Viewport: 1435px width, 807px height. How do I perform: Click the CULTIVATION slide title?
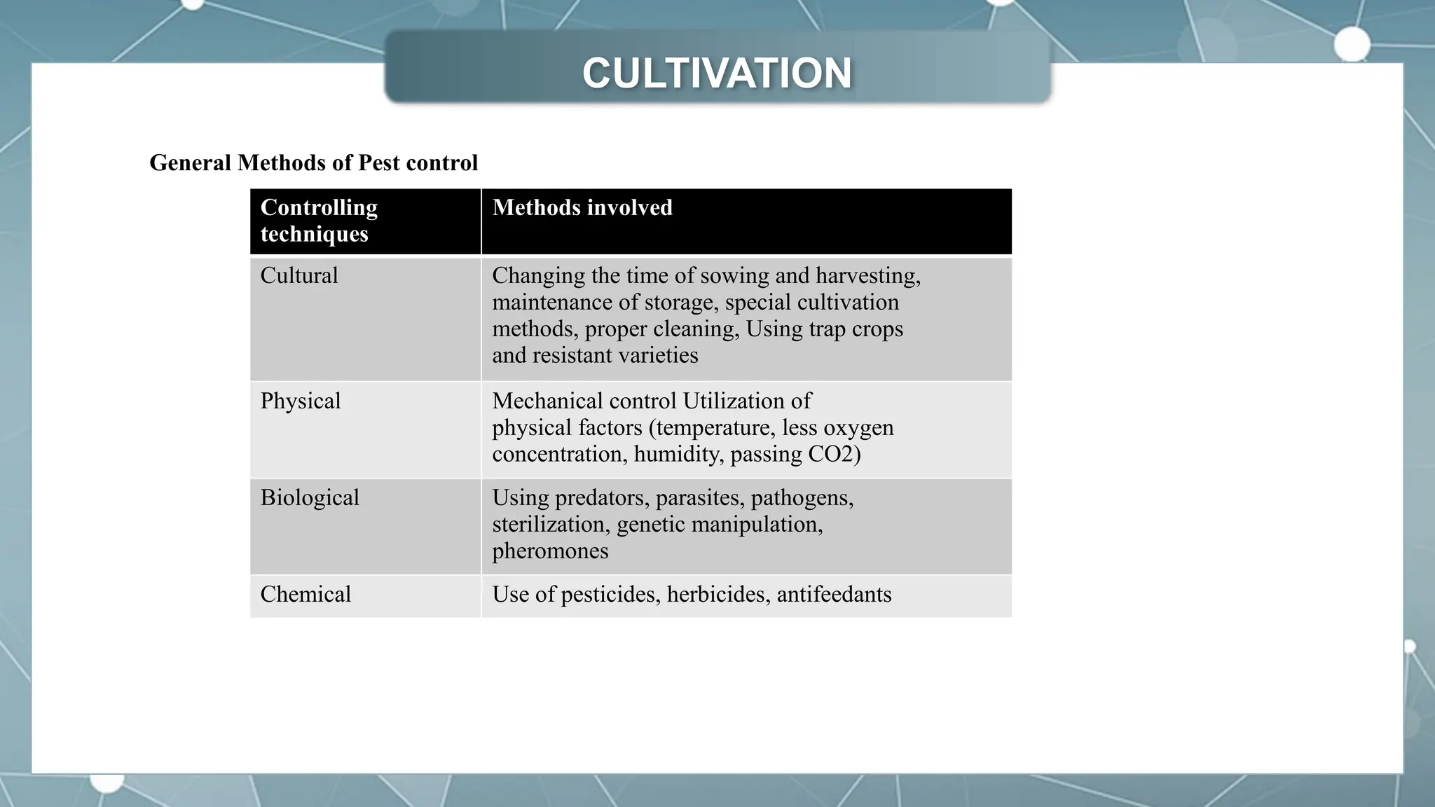pos(717,74)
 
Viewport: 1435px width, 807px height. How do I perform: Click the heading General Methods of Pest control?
pos(313,163)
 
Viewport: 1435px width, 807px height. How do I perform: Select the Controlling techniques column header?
pos(319,220)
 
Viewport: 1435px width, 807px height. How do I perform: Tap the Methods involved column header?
pos(582,207)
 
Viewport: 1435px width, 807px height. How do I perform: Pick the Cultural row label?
pos(298,275)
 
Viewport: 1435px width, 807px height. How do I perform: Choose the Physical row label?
pos(300,401)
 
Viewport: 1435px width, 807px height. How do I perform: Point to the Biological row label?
pos(309,497)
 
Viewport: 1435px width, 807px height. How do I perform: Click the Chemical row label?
pos(305,594)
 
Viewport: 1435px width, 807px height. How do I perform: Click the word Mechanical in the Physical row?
pos(547,401)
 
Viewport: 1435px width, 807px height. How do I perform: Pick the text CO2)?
pos(834,454)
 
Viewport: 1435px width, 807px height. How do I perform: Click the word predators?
pos(600,497)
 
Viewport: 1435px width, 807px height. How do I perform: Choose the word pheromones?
pos(550,551)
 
